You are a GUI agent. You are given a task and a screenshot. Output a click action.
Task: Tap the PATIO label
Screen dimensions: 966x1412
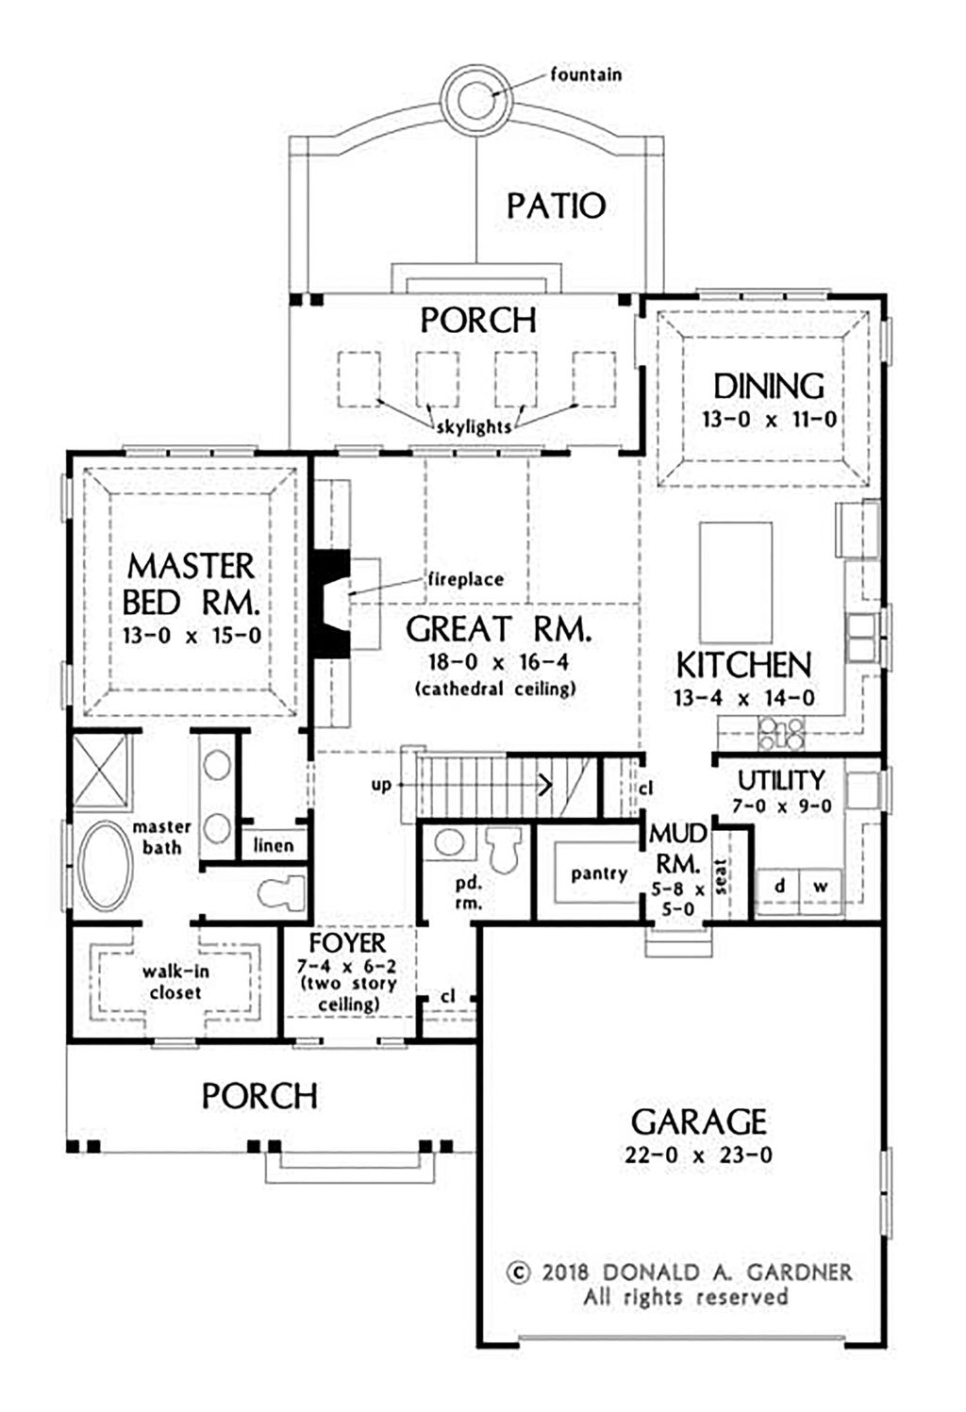pos(557,207)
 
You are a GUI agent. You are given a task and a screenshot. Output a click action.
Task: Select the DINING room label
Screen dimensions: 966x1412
pos(769,387)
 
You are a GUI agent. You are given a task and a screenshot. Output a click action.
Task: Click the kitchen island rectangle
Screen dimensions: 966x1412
pos(736,582)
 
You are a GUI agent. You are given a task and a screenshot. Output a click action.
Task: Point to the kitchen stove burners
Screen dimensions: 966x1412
pos(781,733)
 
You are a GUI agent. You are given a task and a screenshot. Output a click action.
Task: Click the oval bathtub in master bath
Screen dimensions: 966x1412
pos(105,866)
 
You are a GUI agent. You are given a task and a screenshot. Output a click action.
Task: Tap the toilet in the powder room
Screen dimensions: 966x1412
pos(503,849)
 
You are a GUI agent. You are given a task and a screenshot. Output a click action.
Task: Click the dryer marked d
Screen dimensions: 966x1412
pos(779,887)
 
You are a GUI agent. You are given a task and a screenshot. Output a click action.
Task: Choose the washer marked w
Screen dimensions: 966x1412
pos(821,887)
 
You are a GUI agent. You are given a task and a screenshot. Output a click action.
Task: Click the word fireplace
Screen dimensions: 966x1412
pos(465,579)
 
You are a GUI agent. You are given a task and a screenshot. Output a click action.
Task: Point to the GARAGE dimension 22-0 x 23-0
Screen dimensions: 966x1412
pos(699,1155)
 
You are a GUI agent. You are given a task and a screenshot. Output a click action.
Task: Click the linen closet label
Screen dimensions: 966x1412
pos(274,845)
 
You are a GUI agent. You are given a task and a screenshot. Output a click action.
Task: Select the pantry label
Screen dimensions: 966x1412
pos(599,874)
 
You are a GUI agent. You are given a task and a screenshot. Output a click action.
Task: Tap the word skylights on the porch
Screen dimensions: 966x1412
pos(475,427)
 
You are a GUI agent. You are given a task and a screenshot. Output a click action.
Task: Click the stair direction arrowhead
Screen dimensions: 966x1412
pos(546,785)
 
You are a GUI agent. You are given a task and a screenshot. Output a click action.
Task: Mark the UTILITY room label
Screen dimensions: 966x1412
pos(781,780)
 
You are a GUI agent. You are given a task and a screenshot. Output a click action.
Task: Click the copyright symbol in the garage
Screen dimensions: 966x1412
pos(518,1272)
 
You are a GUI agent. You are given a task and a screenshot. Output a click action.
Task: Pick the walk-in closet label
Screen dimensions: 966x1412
pos(175,982)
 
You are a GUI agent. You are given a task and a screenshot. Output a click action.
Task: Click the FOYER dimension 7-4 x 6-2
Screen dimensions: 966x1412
pos(347,967)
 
